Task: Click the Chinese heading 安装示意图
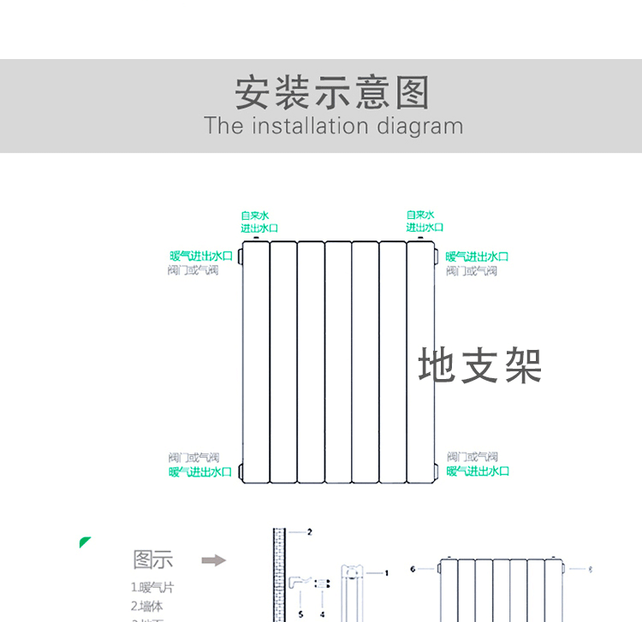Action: click(332, 92)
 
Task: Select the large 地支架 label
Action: click(479, 366)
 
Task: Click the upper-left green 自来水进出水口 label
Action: click(259, 222)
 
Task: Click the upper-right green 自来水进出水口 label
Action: click(425, 221)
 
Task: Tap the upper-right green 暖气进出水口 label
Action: click(477, 256)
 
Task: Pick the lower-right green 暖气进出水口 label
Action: click(478, 471)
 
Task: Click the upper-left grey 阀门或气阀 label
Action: click(193, 270)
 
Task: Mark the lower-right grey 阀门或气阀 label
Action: click(472, 457)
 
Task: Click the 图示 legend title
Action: click(153, 560)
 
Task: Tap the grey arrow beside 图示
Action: click(213, 560)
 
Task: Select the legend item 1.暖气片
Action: click(152, 588)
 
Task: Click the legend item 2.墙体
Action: click(146, 606)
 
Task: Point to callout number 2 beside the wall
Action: click(309, 531)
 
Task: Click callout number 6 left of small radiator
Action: click(412, 568)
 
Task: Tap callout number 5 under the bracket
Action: click(300, 613)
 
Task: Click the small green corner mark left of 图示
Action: click(84, 542)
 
